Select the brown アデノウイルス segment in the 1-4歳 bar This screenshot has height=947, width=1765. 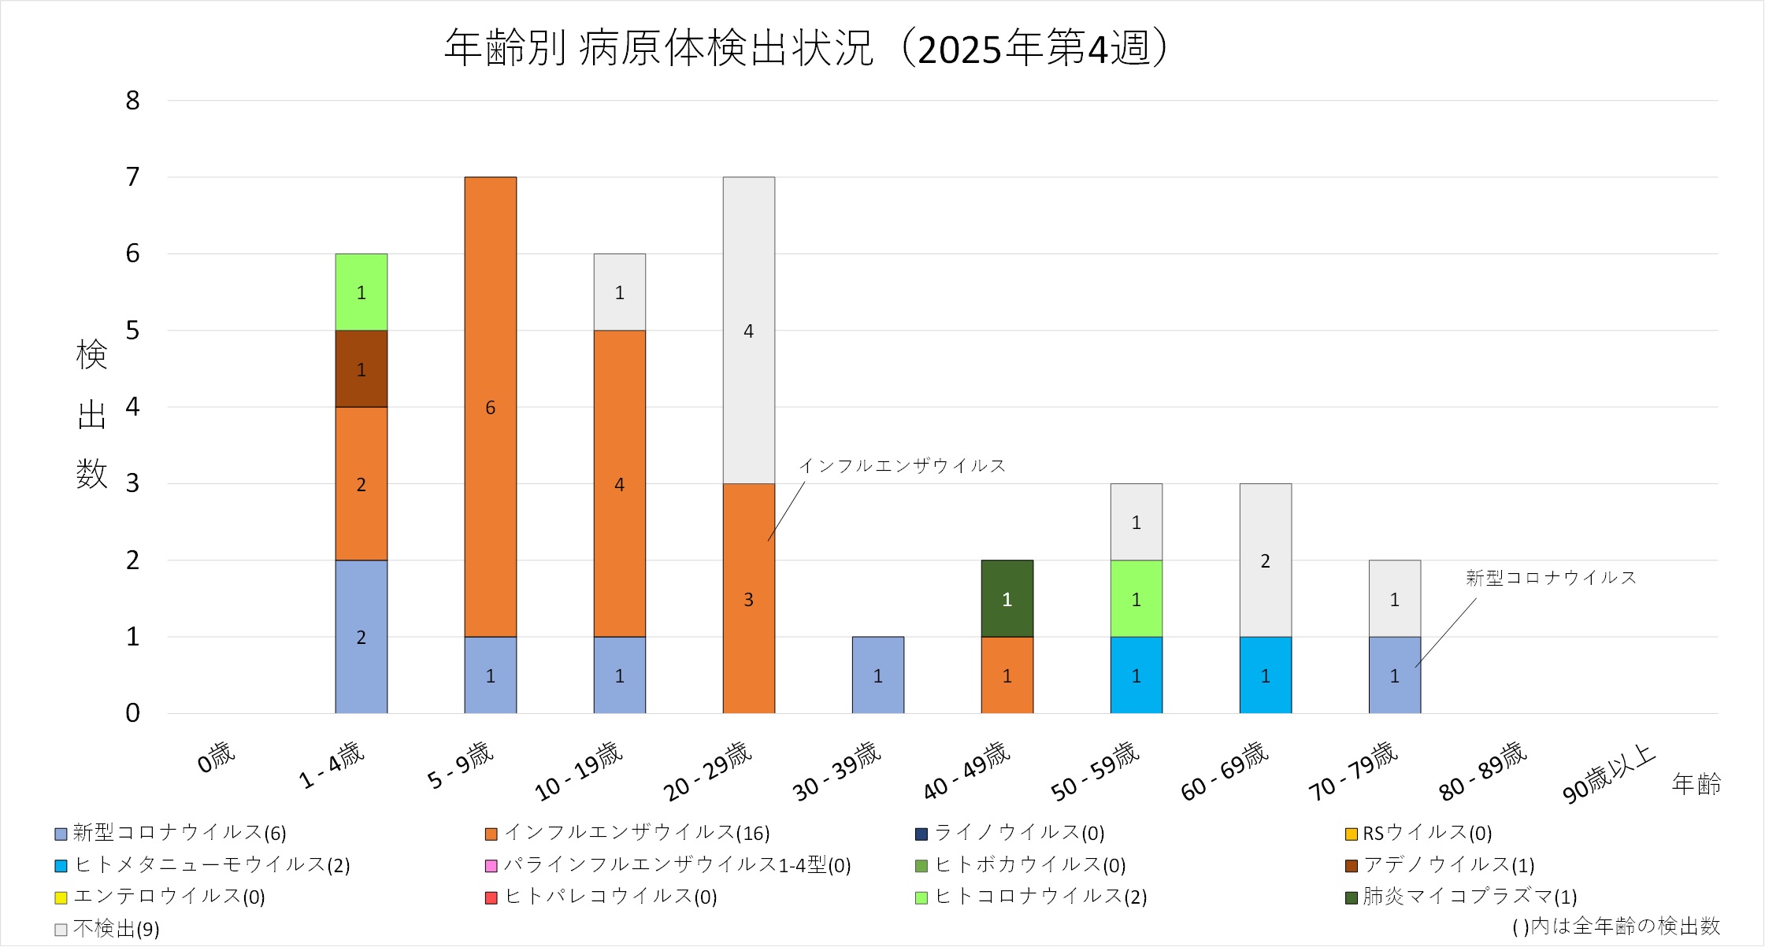point(361,368)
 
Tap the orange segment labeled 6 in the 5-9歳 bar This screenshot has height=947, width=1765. point(490,407)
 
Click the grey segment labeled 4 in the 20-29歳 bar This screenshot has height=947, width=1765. point(748,331)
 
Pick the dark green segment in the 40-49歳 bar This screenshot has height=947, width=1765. point(1007,599)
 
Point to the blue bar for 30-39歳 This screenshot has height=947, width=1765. point(877,675)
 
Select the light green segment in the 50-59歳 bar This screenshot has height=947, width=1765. point(1136,599)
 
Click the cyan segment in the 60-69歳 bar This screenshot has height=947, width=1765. point(1265,675)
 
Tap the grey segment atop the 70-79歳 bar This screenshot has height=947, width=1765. point(1394,599)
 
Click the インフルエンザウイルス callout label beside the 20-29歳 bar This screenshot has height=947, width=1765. point(903,466)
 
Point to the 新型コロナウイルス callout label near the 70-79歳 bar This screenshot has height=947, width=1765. point(1551,578)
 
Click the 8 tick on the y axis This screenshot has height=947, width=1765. point(132,101)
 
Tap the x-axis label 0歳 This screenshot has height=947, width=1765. point(216,758)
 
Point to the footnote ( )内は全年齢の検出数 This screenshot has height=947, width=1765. point(1615,927)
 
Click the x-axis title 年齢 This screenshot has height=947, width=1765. point(1696,784)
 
